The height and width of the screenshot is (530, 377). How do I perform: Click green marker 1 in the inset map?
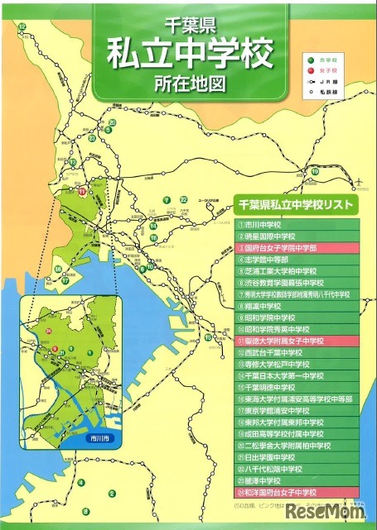[x=90, y=353]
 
